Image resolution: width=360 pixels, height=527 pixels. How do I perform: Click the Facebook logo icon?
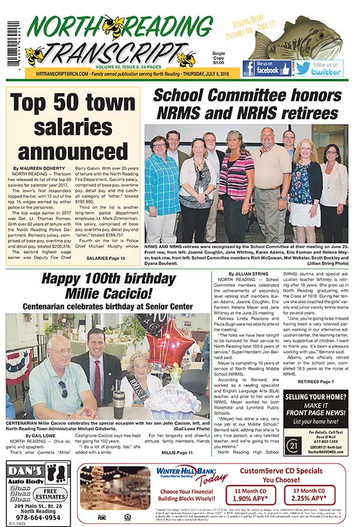point(249,68)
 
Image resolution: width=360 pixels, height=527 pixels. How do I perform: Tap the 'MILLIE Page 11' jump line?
point(177,452)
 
